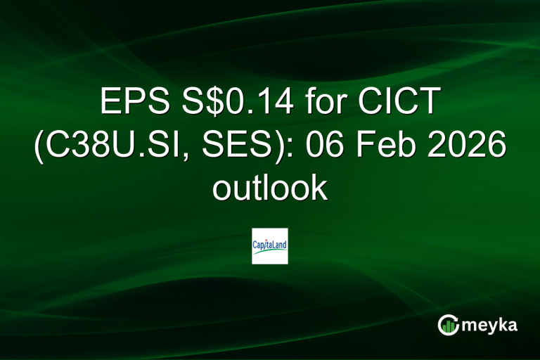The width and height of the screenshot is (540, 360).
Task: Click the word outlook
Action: [x=270, y=188]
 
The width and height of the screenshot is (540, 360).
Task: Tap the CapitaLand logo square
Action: [x=270, y=246]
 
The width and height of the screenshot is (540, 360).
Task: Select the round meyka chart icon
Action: [x=449, y=325]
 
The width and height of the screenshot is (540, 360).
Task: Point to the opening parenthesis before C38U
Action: [x=39, y=148]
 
